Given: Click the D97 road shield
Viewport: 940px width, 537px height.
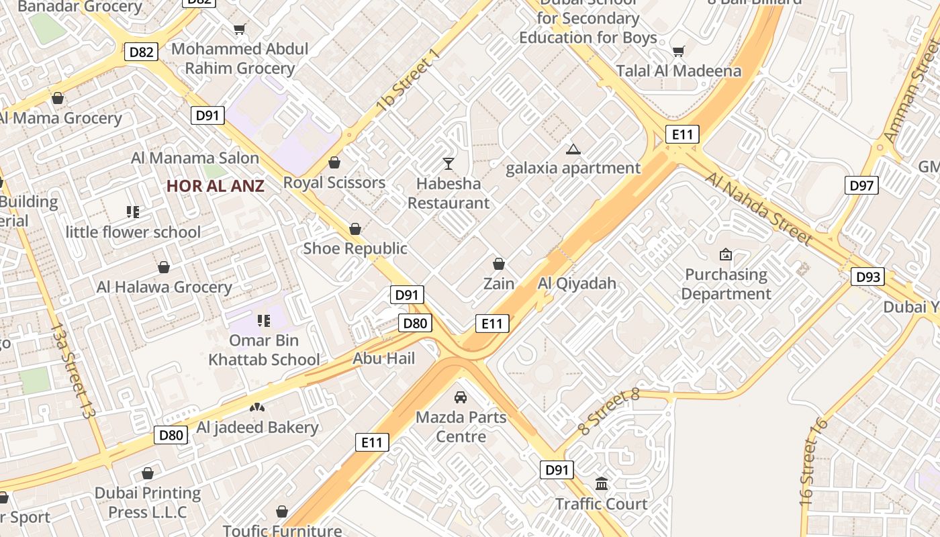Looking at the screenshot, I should click(x=861, y=185).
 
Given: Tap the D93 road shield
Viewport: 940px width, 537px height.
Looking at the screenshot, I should click(x=867, y=277).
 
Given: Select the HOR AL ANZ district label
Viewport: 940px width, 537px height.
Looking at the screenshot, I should click(x=216, y=186).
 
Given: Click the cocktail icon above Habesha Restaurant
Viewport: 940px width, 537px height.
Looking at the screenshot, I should click(x=449, y=163).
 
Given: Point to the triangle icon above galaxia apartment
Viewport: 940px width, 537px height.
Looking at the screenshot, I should click(x=573, y=149).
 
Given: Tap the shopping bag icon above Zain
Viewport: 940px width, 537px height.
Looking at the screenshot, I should click(x=499, y=264).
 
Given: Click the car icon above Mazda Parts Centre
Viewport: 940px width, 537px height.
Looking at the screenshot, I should click(x=461, y=397).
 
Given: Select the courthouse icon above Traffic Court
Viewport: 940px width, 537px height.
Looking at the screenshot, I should click(x=602, y=483).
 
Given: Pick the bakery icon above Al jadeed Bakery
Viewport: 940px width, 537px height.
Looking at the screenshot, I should click(x=257, y=407).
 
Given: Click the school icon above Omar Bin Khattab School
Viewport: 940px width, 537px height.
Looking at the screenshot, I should click(x=264, y=320).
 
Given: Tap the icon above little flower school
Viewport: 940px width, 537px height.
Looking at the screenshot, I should click(x=133, y=212).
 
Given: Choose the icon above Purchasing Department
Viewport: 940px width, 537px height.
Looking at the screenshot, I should click(x=725, y=254).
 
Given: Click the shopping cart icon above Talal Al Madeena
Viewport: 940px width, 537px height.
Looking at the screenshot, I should click(x=679, y=51).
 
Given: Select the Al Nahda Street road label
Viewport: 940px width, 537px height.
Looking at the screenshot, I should click(x=759, y=208).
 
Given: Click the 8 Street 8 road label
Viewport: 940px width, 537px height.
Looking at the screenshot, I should click(x=608, y=411).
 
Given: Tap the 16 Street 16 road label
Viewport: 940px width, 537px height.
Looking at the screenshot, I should click(x=814, y=461).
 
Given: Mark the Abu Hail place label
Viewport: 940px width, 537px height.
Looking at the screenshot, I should click(x=384, y=358).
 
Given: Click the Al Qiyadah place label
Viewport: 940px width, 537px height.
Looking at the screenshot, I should click(x=577, y=283).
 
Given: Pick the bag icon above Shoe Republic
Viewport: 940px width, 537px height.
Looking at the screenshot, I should click(x=355, y=229).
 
